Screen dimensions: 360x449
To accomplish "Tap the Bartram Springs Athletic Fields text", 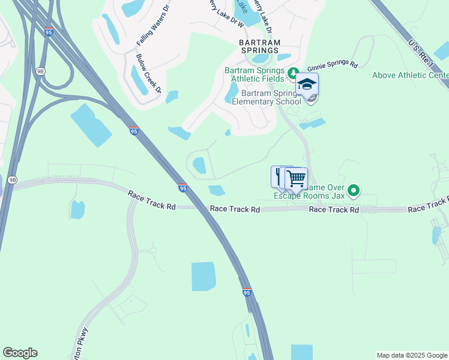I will [x=255, y=74].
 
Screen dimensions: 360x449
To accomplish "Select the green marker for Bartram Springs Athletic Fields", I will [x=293, y=74].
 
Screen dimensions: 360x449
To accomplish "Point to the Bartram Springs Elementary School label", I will [x=271, y=97].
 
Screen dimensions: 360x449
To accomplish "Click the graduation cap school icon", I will [x=307, y=85].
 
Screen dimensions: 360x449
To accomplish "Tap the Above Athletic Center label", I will [x=411, y=75].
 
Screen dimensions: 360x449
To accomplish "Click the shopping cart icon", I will [x=296, y=178].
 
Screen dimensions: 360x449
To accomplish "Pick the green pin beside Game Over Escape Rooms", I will [x=354, y=191].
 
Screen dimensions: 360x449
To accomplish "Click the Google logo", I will [x=20, y=353].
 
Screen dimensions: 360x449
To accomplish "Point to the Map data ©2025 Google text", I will [x=411, y=355].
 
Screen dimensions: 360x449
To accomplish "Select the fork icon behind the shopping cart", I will [x=278, y=175].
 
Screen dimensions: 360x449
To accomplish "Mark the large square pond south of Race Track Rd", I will [x=203, y=276].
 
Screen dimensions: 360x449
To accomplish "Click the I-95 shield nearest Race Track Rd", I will [x=182, y=188].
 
